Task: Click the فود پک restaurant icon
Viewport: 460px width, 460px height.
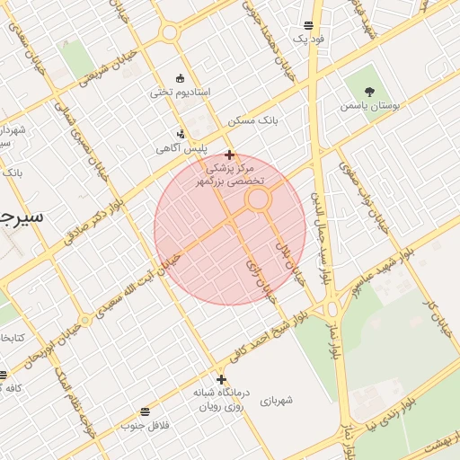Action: point(309,25)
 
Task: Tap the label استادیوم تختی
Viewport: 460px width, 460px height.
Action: point(180,92)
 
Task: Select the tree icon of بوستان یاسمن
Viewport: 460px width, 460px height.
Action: point(369,90)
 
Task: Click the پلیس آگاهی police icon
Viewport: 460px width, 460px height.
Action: point(181,134)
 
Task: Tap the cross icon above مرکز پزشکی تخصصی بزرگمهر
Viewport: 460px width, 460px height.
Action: point(230,155)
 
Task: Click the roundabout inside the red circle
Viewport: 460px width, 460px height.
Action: point(260,199)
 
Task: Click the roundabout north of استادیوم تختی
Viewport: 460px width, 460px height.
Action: point(168,33)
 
